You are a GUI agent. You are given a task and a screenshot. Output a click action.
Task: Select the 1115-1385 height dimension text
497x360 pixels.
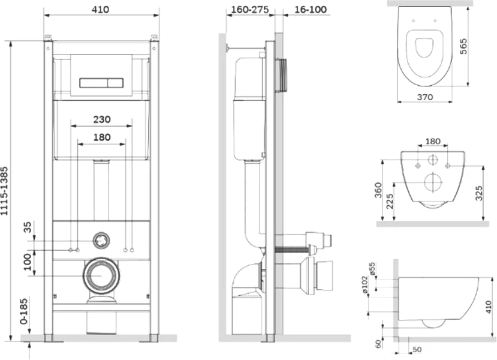pos(7,187)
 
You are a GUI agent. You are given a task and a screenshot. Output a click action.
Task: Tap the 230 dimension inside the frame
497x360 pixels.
pos(101,119)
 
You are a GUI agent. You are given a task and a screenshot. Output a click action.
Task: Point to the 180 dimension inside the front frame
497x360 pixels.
pos(101,137)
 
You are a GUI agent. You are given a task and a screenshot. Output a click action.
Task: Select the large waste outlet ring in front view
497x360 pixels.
pos(101,275)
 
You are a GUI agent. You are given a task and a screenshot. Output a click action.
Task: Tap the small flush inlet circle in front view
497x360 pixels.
pos(101,241)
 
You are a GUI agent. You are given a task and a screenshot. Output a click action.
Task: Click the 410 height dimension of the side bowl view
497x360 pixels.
pos(489,308)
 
